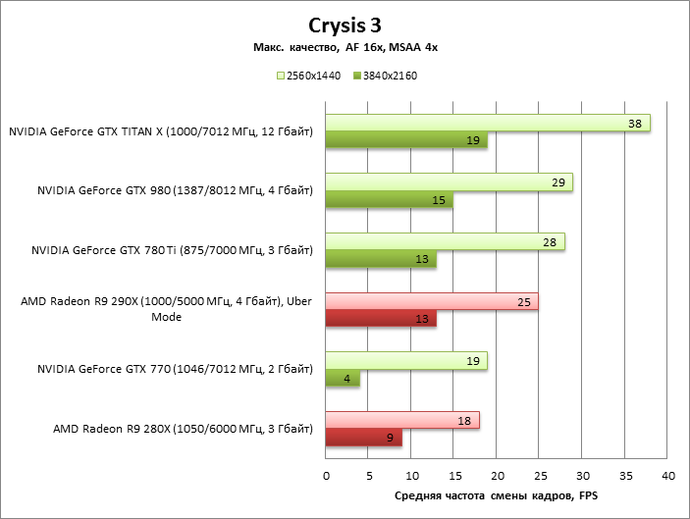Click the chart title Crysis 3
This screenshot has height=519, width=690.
tap(345, 26)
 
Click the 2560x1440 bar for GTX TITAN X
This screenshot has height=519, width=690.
tap(488, 124)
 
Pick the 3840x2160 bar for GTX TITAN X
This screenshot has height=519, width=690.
tap(406, 141)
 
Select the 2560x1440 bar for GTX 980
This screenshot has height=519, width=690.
tap(449, 183)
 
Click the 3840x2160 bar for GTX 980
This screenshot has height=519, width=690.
tap(389, 201)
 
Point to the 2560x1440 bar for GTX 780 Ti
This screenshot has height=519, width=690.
tap(445, 242)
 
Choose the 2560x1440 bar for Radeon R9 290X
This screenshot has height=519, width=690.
tap(432, 301)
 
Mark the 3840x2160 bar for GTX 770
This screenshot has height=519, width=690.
tap(343, 378)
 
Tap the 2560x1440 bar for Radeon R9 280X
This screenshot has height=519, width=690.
tap(402, 420)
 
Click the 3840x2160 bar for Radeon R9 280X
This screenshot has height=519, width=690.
tap(363, 438)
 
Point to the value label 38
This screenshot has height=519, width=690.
tap(634, 124)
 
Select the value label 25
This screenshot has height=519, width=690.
tap(523, 301)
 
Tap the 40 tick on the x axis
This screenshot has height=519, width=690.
tap(667, 475)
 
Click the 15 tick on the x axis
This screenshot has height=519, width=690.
tap(453, 475)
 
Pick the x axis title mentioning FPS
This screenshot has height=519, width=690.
tap(496, 496)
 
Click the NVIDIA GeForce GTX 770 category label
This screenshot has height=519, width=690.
tap(175, 370)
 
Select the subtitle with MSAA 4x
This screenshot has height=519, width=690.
tap(345, 48)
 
